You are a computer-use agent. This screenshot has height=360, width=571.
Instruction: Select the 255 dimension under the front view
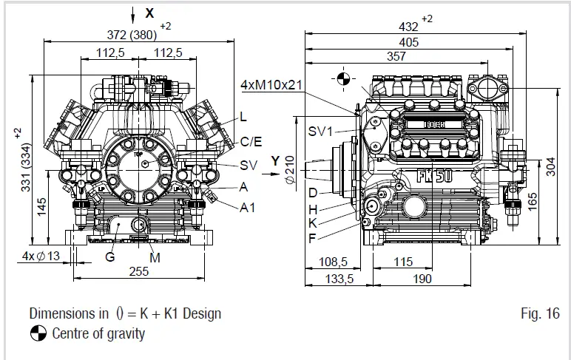138,271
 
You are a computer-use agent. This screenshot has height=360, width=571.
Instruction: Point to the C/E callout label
251,141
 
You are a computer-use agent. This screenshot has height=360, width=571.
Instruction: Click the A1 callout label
247,208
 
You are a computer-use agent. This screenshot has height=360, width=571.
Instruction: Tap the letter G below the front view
109,257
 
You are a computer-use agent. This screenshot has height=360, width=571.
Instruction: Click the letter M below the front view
155,257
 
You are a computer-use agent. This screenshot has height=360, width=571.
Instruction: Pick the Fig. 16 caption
540,313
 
